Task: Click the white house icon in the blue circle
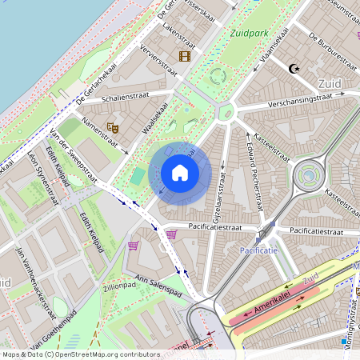tap(180, 173)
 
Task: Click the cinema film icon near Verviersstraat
tap(185, 56)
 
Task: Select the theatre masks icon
tap(113, 126)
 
